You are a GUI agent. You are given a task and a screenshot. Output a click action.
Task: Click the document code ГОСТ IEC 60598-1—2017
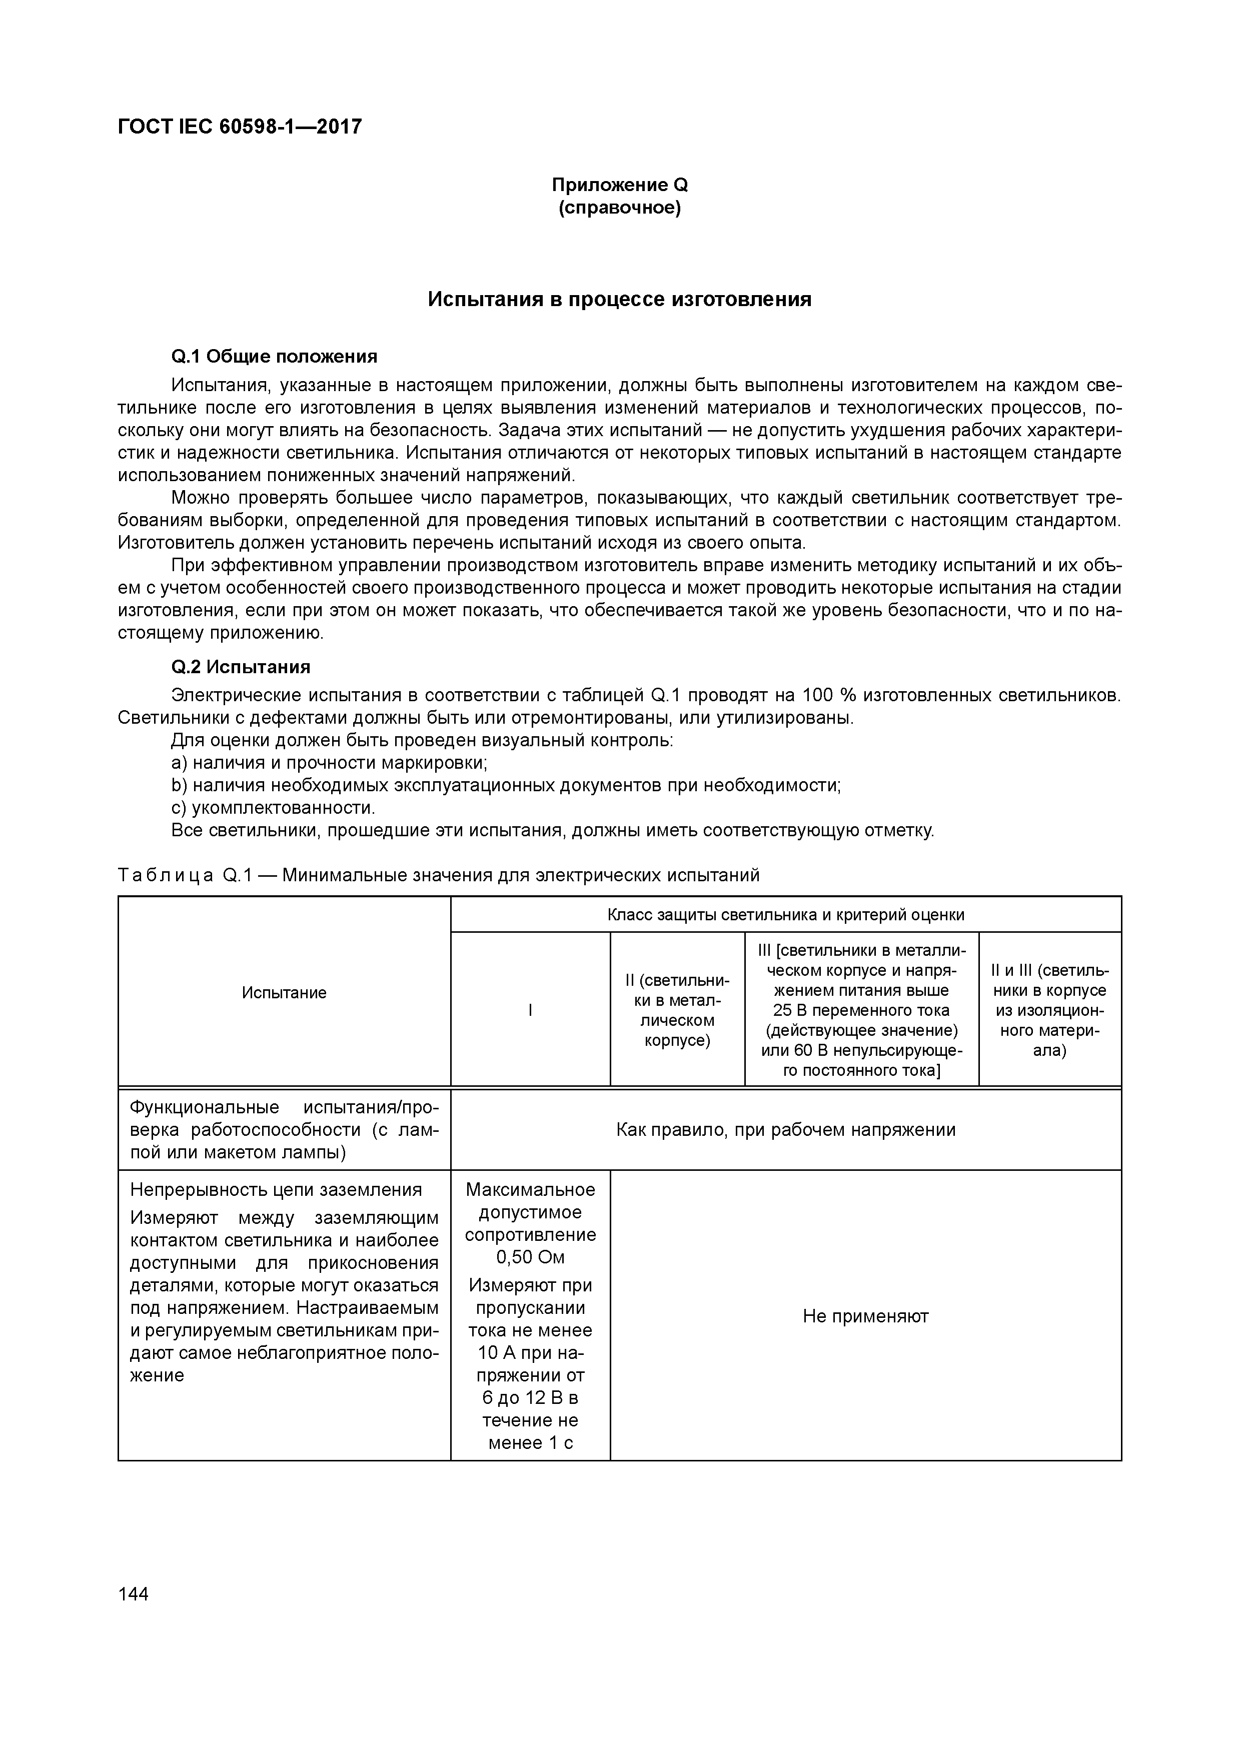click(x=240, y=126)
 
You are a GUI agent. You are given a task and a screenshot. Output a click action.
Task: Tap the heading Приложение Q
click(x=620, y=185)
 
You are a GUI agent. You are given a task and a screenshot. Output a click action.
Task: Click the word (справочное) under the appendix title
click(x=620, y=208)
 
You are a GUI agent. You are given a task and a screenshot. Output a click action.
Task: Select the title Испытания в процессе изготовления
click(x=620, y=300)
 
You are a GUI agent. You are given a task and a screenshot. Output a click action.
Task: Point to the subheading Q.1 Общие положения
click(x=274, y=357)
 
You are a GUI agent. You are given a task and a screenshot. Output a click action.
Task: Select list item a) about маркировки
click(x=329, y=762)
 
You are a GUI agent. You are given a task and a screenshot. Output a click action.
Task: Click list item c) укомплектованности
click(x=274, y=808)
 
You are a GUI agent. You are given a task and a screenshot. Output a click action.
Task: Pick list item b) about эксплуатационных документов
click(x=506, y=785)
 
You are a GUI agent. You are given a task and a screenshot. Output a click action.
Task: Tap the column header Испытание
click(x=284, y=992)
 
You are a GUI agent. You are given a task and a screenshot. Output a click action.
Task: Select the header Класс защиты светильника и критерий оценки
click(x=785, y=914)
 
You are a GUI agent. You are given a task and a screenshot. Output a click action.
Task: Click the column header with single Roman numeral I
click(x=530, y=1010)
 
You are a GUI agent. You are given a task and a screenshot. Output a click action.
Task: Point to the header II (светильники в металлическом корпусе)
click(x=677, y=1010)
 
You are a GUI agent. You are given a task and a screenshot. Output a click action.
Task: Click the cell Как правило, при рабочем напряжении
click(x=785, y=1130)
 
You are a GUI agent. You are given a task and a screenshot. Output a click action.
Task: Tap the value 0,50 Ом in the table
click(x=530, y=1257)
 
